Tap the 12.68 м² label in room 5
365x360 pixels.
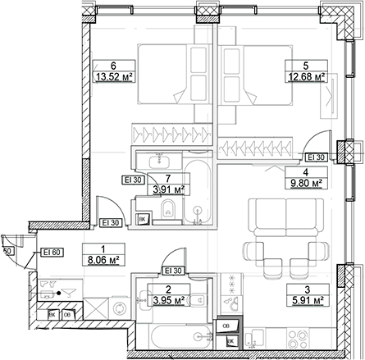click(308, 79)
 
